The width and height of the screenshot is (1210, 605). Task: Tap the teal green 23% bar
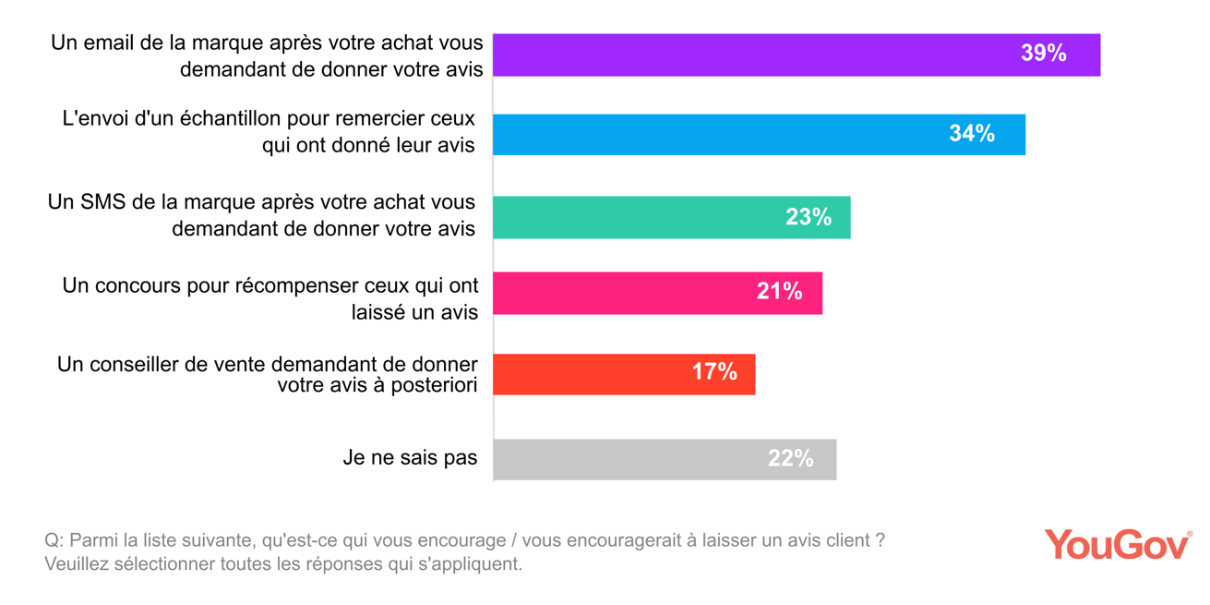[637, 217]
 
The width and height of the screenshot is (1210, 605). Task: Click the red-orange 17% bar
[591, 373]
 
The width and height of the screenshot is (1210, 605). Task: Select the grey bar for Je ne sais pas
[628, 459]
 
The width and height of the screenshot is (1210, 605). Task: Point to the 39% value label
[1043, 54]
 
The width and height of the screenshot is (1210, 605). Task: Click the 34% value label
[971, 134]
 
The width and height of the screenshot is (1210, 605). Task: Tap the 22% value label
[790, 459]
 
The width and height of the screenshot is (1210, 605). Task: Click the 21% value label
[779, 292]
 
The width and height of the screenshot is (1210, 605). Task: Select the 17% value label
[714, 372]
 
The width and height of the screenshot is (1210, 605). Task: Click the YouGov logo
[1117, 544]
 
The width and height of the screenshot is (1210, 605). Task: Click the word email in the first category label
[112, 42]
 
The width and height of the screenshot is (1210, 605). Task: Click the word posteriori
[434, 386]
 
